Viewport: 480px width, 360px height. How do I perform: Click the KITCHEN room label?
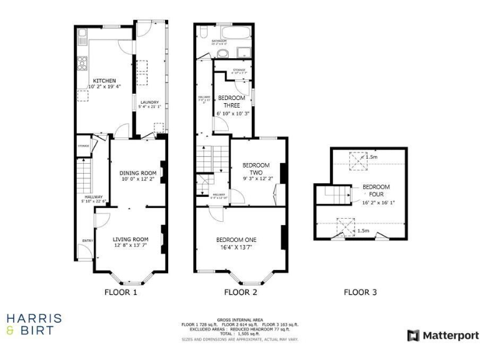104,81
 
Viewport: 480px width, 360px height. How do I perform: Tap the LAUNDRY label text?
149,102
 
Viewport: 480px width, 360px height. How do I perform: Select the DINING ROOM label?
137,173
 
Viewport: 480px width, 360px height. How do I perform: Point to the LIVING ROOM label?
131,239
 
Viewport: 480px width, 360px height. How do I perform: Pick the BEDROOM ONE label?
236,239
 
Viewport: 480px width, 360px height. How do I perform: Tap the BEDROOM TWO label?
256,169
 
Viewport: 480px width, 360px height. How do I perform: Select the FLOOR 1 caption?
120,292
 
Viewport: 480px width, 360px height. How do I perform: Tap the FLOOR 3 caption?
360,292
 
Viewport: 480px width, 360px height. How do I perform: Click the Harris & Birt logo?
34,324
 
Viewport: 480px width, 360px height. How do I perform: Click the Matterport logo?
442,336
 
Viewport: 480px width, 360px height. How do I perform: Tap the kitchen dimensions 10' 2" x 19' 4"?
104,87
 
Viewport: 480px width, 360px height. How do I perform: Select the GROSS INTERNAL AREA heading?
239,320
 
